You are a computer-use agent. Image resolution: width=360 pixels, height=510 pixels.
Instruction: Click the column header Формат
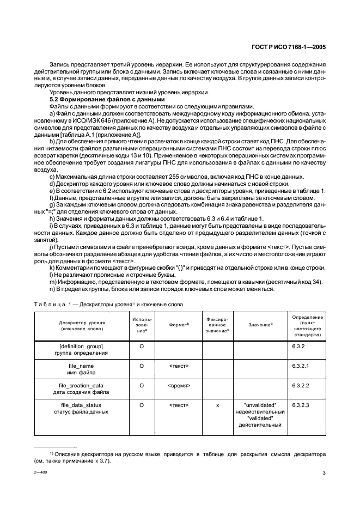click(x=179, y=325)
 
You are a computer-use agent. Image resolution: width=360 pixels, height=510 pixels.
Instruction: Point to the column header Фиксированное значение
click(x=217, y=325)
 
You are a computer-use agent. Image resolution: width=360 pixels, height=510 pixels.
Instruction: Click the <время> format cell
click(x=179, y=385)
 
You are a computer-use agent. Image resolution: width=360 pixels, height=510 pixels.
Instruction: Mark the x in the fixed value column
click(x=217, y=405)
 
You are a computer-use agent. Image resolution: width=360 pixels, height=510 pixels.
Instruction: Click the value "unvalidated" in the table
click(x=261, y=405)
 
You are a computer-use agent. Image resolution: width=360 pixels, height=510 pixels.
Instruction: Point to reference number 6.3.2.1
click(x=301, y=366)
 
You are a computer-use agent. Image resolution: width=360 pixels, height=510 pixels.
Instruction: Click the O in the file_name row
click(x=142, y=366)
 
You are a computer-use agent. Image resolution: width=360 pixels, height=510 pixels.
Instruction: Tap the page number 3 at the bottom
click(x=324, y=472)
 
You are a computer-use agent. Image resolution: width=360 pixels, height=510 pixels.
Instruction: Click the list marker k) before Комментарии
click(x=52, y=268)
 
